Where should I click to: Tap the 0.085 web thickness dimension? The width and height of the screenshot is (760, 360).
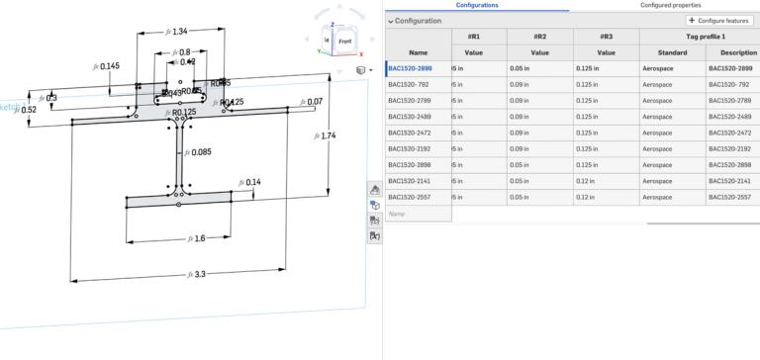[201, 152]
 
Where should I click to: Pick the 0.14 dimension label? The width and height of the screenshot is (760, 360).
[252, 182]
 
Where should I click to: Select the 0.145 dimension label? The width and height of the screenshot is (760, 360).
[108, 66]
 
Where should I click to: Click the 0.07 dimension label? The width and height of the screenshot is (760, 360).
[314, 102]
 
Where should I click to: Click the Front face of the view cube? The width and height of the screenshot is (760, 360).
[345, 42]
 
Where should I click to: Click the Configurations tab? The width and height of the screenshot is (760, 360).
[477, 5]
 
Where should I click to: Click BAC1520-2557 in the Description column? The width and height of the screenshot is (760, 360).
[731, 197]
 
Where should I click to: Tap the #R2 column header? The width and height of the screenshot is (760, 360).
[540, 36]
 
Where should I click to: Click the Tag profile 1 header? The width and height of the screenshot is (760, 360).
[701, 36]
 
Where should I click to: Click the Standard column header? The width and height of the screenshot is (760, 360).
[671, 51]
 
